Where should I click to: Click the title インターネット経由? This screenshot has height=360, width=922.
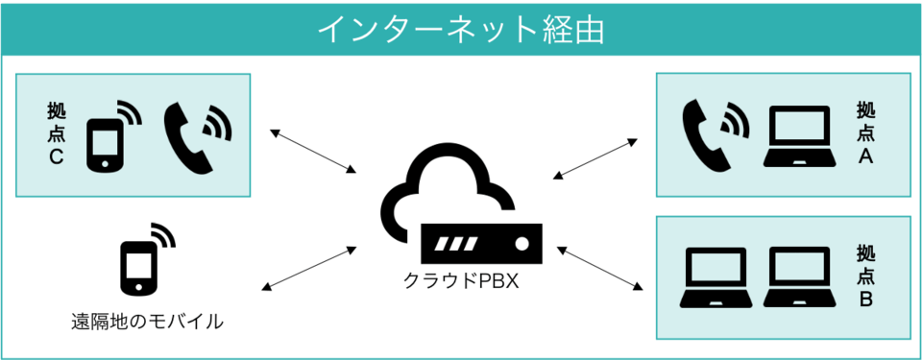(460, 29)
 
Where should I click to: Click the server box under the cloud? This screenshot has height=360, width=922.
(481, 243)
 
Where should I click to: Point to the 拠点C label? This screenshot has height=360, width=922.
(56, 133)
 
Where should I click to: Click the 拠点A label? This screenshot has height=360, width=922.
(865, 133)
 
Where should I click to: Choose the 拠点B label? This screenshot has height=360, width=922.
(865, 277)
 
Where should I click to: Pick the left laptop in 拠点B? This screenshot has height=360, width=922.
(715, 277)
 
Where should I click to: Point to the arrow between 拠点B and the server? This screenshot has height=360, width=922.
(599, 268)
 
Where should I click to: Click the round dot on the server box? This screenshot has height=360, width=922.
(522, 244)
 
